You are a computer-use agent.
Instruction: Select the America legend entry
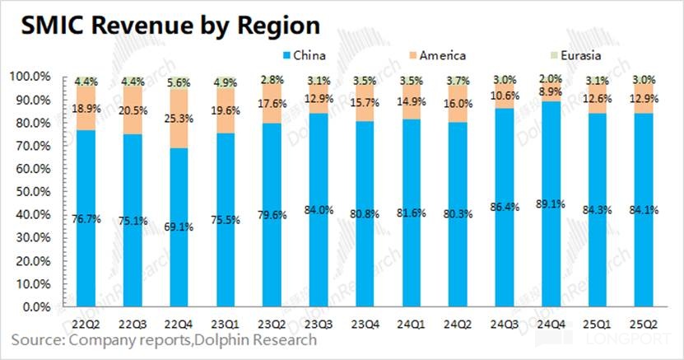[441, 55]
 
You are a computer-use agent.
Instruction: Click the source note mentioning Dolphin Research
[163, 339]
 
